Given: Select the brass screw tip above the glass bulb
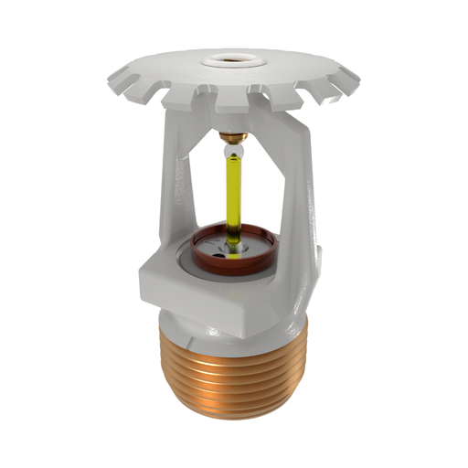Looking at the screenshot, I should point(234,138).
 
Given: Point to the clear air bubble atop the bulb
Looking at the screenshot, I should point(234,151).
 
